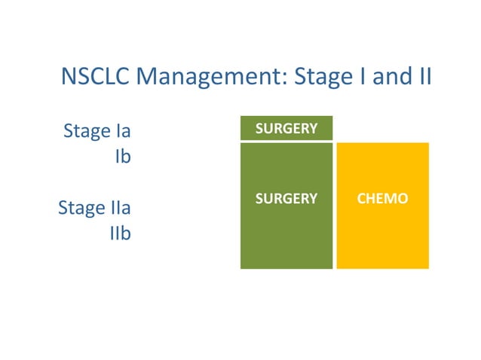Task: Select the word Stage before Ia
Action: pyautogui.click(x=86, y=132)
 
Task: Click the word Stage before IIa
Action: pyautogui.click(x=81, y=208)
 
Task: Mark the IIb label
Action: pyautogui.click(x=120, y=234)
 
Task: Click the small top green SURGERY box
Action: pyautogui.click(x=286, y=129)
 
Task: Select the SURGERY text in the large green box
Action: pyautogui.click(x=286, y=200)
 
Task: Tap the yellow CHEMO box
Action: pyautogui.click(x=382, y=226)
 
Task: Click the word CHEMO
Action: pyautogui.click(x=382, y=200)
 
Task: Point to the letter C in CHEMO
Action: pyautogui.click(x=361, y=200)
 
